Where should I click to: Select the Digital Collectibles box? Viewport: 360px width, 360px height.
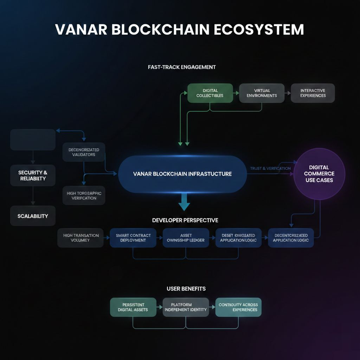pos(210,93)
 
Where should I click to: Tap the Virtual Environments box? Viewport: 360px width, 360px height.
pos(262,93)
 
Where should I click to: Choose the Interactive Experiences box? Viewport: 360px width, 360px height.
pos(313,93)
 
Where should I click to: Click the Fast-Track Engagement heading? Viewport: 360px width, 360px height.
pos(182,67)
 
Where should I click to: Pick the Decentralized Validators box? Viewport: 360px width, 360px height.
pos(84,152)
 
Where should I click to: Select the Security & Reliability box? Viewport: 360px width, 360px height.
pos(33,175)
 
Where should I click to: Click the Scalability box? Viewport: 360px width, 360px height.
pos(33,216)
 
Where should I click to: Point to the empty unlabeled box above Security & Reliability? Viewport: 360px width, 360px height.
pos(33,140)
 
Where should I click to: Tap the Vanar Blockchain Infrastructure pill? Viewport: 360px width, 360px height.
pos(182,174)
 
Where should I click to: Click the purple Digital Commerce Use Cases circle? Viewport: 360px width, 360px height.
pos(319,174)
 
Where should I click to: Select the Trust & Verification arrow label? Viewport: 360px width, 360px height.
pos(270,168)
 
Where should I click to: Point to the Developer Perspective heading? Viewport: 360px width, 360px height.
pos(185,220)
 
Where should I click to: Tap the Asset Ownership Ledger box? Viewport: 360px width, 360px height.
pos(186,238)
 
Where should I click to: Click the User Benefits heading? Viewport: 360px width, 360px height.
pos(186,289)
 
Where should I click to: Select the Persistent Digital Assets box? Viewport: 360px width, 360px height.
pos(133,307)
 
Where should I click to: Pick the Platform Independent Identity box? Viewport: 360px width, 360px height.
pos(186,307)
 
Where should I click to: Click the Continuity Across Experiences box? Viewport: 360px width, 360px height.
pos(238,307)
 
